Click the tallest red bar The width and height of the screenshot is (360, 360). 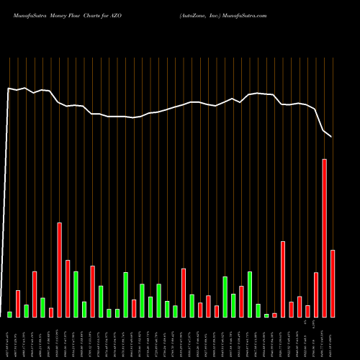(x=324, y=238)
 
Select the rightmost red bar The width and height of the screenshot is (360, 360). (x=333, y=284)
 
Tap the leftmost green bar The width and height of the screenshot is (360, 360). (x=10, y=315)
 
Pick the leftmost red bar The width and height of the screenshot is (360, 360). (x=18, y=304)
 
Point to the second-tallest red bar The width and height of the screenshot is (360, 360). (x=60, y=270)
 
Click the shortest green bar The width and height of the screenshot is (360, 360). (x=266, y=315)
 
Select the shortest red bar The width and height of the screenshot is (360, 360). (x=274, y=315)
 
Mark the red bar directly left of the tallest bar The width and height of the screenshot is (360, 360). (x=316, y=295)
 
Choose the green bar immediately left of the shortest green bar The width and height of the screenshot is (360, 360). (x=258, y=310)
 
